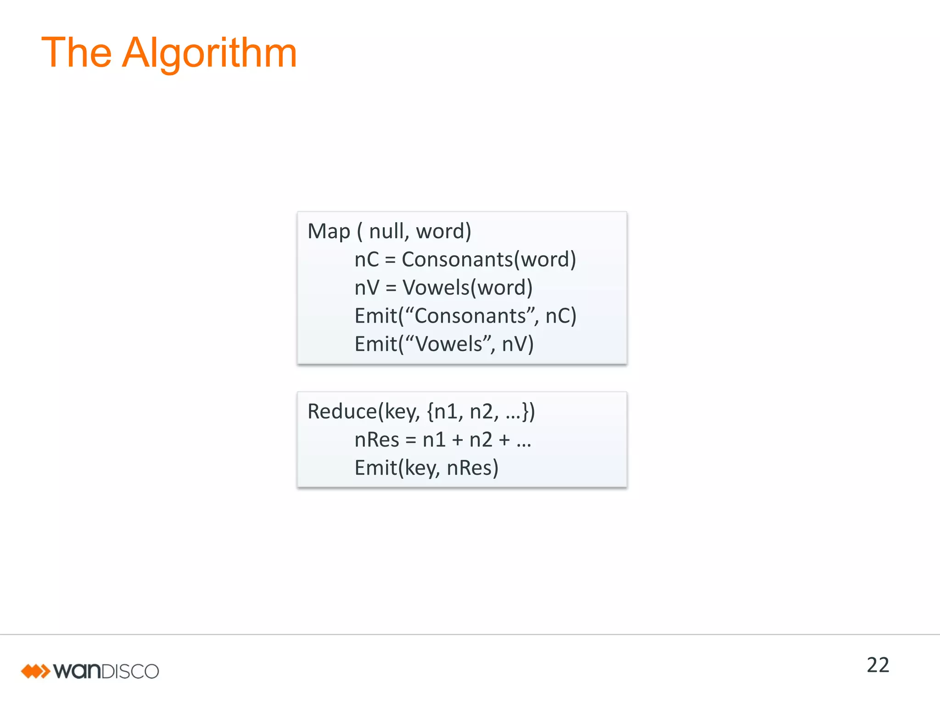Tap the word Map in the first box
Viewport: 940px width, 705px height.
pos(329,231)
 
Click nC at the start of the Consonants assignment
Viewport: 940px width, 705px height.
pos(367,259)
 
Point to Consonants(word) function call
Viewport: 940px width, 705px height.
pos(489,259)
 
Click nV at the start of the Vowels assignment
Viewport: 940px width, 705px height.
pos(367,288)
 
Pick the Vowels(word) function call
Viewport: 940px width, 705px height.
pos(467,288)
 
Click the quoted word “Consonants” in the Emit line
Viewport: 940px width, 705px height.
pos(470,316)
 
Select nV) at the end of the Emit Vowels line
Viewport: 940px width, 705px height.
pos(518,344)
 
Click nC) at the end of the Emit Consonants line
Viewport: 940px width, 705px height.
pos(560,316)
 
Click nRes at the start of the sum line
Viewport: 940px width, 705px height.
pos(377,440)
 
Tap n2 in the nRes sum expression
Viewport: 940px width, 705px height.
pos(481,440)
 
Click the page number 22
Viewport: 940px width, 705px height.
pos(878,665)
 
